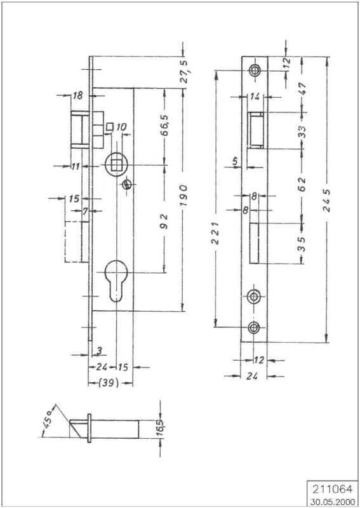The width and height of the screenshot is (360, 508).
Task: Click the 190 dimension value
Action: pyautogui.click(x=183, y=196)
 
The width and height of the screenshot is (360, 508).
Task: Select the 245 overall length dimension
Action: pyautogui.click(x=327, y=200)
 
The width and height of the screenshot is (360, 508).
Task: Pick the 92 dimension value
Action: pyautogui.click(x=165, y=221)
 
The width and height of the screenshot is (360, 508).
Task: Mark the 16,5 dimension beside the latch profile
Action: pyautogui.click(x=161, y=428)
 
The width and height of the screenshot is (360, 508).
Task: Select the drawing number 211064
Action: pyautogui.click(x=331, y=488)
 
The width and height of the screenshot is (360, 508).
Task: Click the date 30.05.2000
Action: pyautogui.click(x=333, y=502)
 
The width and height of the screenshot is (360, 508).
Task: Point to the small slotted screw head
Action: pyautogui.click(x=126, y=185)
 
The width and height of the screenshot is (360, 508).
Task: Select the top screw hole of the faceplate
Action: pyautogui.click(x=254, y=69)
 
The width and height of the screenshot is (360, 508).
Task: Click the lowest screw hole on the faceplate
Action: pyautogui.click(x=254, y=328)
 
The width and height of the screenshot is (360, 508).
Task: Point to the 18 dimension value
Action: pyautogui.click(x=77, y=96)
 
